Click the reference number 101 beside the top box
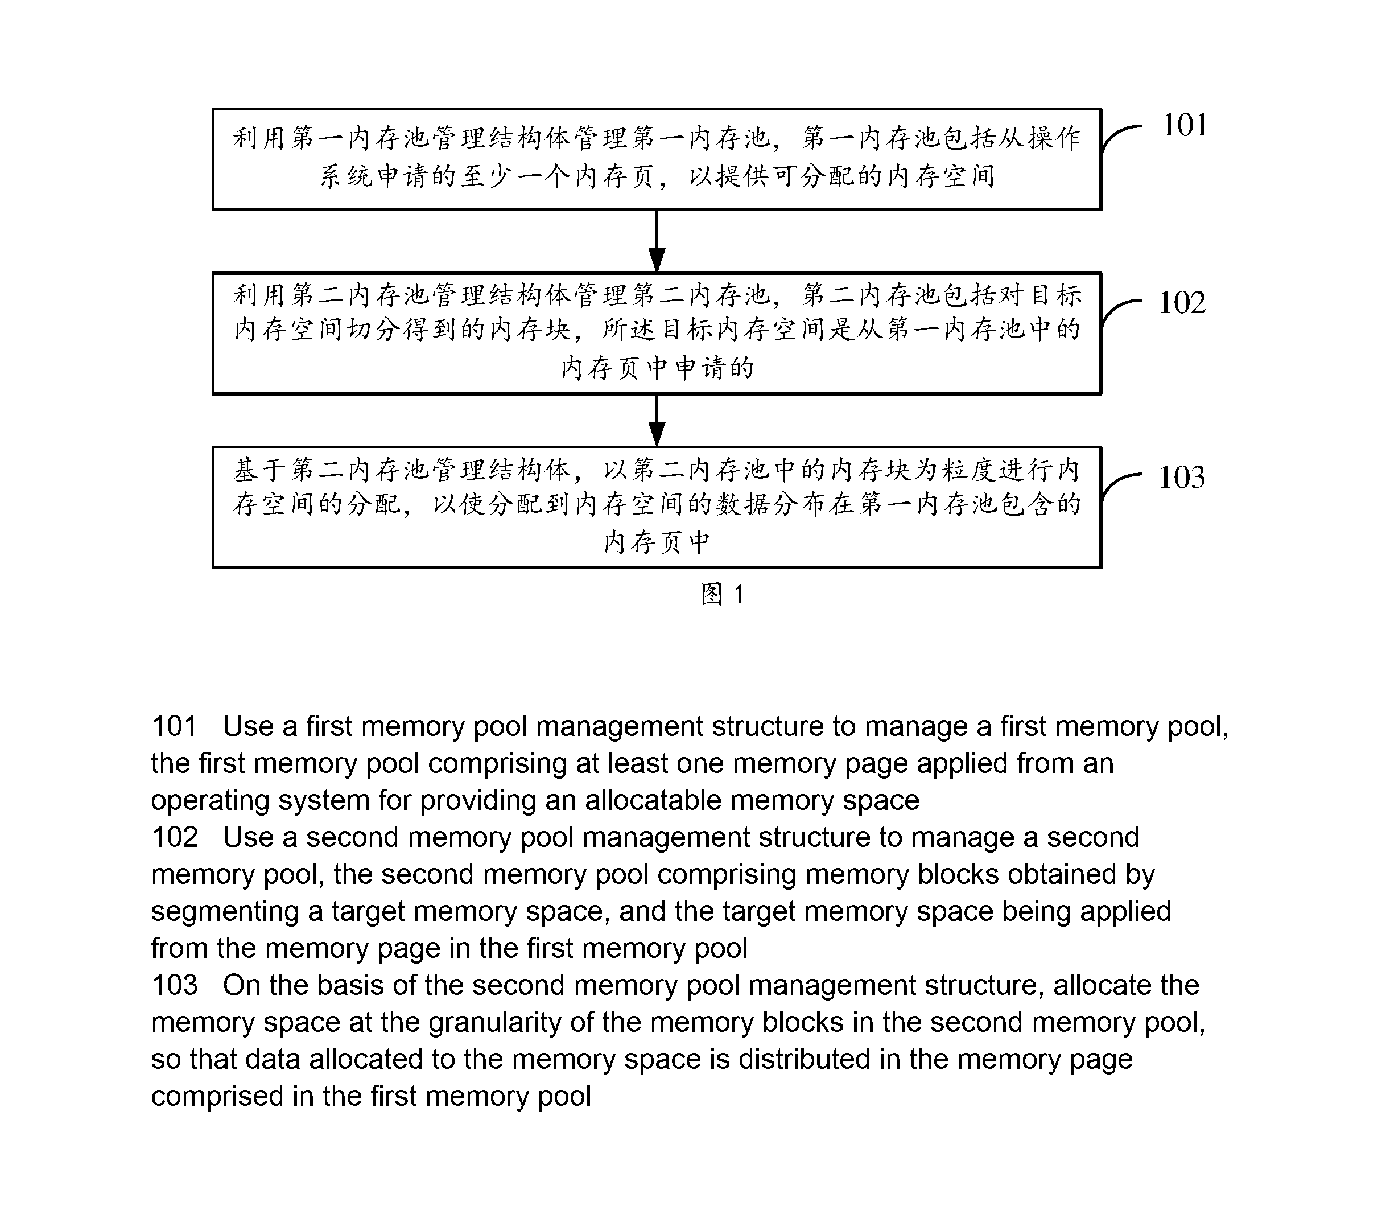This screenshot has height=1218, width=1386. point(1185,125)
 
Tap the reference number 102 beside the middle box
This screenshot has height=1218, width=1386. point(1182,302)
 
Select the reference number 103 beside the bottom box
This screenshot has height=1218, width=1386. point(1182,478)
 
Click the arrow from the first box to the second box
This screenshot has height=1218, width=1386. point(657,241)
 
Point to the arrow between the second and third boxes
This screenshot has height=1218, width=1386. point(657,420)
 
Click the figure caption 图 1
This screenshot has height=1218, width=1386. point(723,595)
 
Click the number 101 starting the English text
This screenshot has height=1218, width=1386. point(174,726)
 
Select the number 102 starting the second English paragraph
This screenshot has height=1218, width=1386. point(175,838)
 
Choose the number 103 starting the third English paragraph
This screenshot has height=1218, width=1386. point(175,985)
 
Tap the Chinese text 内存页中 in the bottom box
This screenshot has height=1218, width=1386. point(657,542)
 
